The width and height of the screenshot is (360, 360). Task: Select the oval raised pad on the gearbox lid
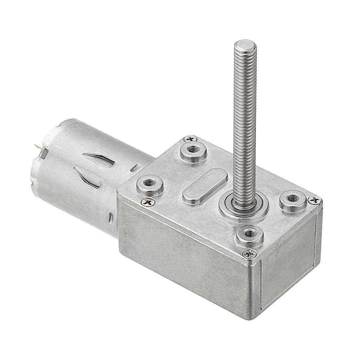click(204, 186)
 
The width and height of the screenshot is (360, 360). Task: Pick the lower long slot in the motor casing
click(87, 177)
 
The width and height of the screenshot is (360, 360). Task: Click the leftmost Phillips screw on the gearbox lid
click(148, 202)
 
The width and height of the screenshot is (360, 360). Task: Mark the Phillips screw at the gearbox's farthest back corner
click(190, 139)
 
